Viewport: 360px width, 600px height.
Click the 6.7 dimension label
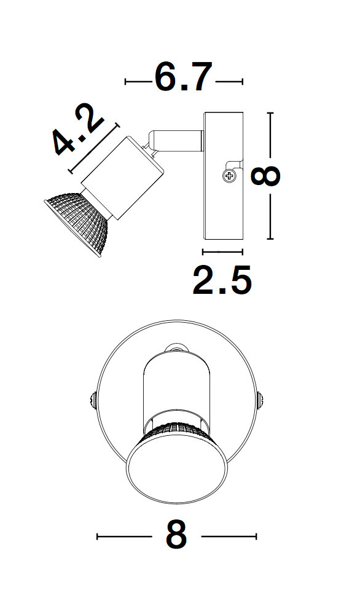point(183,77)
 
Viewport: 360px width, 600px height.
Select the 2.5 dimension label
point(222,280)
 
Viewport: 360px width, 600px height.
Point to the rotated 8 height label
point(265,176)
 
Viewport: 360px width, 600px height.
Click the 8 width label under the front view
point(176,535)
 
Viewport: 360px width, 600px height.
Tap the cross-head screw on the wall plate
point(229,176)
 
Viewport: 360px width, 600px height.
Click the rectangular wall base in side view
point(224,176)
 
